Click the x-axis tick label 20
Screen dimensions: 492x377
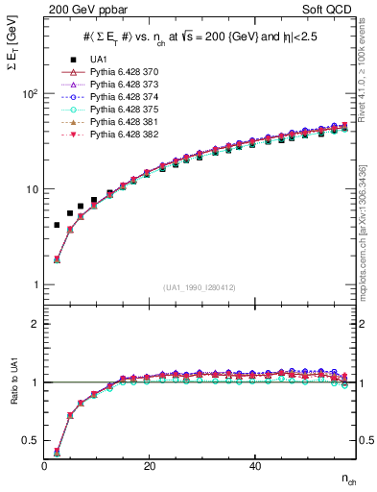point(150,466)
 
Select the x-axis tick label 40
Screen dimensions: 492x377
point(254,466)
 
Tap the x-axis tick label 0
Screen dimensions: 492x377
point(45,466)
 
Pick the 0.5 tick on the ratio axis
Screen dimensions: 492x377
point(32,441)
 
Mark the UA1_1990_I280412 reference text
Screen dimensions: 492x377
point(200,286)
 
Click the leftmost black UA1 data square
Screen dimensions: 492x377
point(57,225)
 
